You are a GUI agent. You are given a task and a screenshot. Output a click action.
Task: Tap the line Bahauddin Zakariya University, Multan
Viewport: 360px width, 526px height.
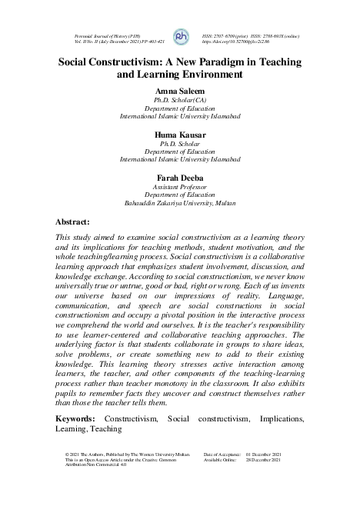180,204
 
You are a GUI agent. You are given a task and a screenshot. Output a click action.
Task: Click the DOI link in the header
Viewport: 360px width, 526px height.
234,42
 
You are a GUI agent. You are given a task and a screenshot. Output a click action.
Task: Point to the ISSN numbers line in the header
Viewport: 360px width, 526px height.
250,35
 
